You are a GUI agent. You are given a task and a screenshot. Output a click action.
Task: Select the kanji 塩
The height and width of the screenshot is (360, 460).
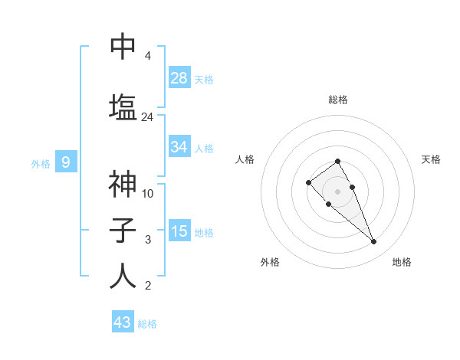click(x=123, y=106)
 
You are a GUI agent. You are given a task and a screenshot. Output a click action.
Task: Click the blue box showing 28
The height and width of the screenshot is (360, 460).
click(x=179, y=78)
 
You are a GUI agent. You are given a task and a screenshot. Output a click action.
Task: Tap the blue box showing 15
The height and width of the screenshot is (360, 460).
click(x=179, y=231)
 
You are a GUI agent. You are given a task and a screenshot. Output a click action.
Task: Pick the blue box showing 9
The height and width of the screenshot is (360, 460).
click(x=67, y=162)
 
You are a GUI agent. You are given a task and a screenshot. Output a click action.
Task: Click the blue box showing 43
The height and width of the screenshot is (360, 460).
click(x=123, y=322)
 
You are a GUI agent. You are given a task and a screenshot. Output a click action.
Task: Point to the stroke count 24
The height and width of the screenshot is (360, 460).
click(x=147, y=117)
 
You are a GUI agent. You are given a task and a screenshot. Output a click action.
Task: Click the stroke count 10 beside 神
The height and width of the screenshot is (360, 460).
click(x=148, y=194)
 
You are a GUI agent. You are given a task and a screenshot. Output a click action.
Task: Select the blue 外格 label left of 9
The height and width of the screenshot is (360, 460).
click(x=41, y=163)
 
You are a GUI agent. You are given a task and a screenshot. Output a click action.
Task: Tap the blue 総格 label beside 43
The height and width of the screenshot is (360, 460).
click(x=147, y=324)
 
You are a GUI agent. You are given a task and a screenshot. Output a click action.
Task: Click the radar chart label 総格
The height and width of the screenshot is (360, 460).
click(x=337, y=100)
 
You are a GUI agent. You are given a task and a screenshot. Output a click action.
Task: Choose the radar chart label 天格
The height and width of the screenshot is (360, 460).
click(x=431, y=159)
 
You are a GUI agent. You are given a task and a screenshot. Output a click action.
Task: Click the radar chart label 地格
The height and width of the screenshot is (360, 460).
click(x=402, y=262)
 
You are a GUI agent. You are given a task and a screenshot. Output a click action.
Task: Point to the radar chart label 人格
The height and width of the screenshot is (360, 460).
click(x=245, y=159)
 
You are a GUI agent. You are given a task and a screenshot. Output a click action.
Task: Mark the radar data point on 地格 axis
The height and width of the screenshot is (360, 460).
click(x=373, y=242)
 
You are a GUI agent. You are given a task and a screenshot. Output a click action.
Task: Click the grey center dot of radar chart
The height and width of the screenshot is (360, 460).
click(x=337, y=191)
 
